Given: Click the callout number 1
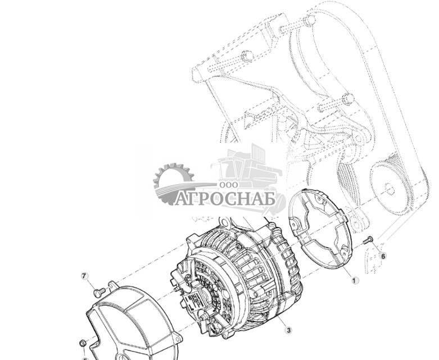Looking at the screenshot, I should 354,280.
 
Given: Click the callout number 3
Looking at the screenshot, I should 288,331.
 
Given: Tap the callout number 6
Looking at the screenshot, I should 383,256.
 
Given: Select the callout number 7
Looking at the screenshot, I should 85,276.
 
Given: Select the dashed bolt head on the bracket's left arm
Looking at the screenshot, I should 246,56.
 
